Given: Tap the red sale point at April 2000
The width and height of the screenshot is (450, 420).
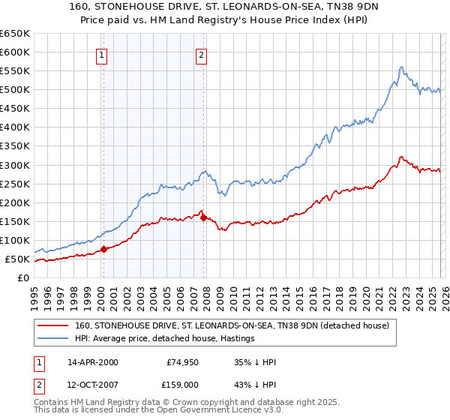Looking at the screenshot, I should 103,250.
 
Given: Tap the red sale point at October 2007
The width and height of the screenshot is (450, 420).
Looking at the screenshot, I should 203,217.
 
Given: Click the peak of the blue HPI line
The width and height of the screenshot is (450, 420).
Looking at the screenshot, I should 401,67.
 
